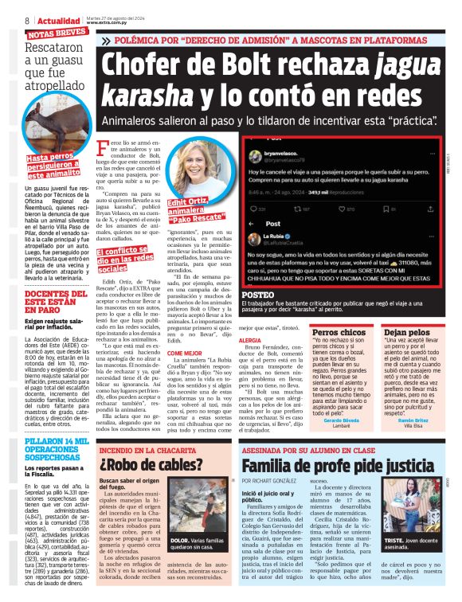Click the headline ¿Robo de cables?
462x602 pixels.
(155, 466)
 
